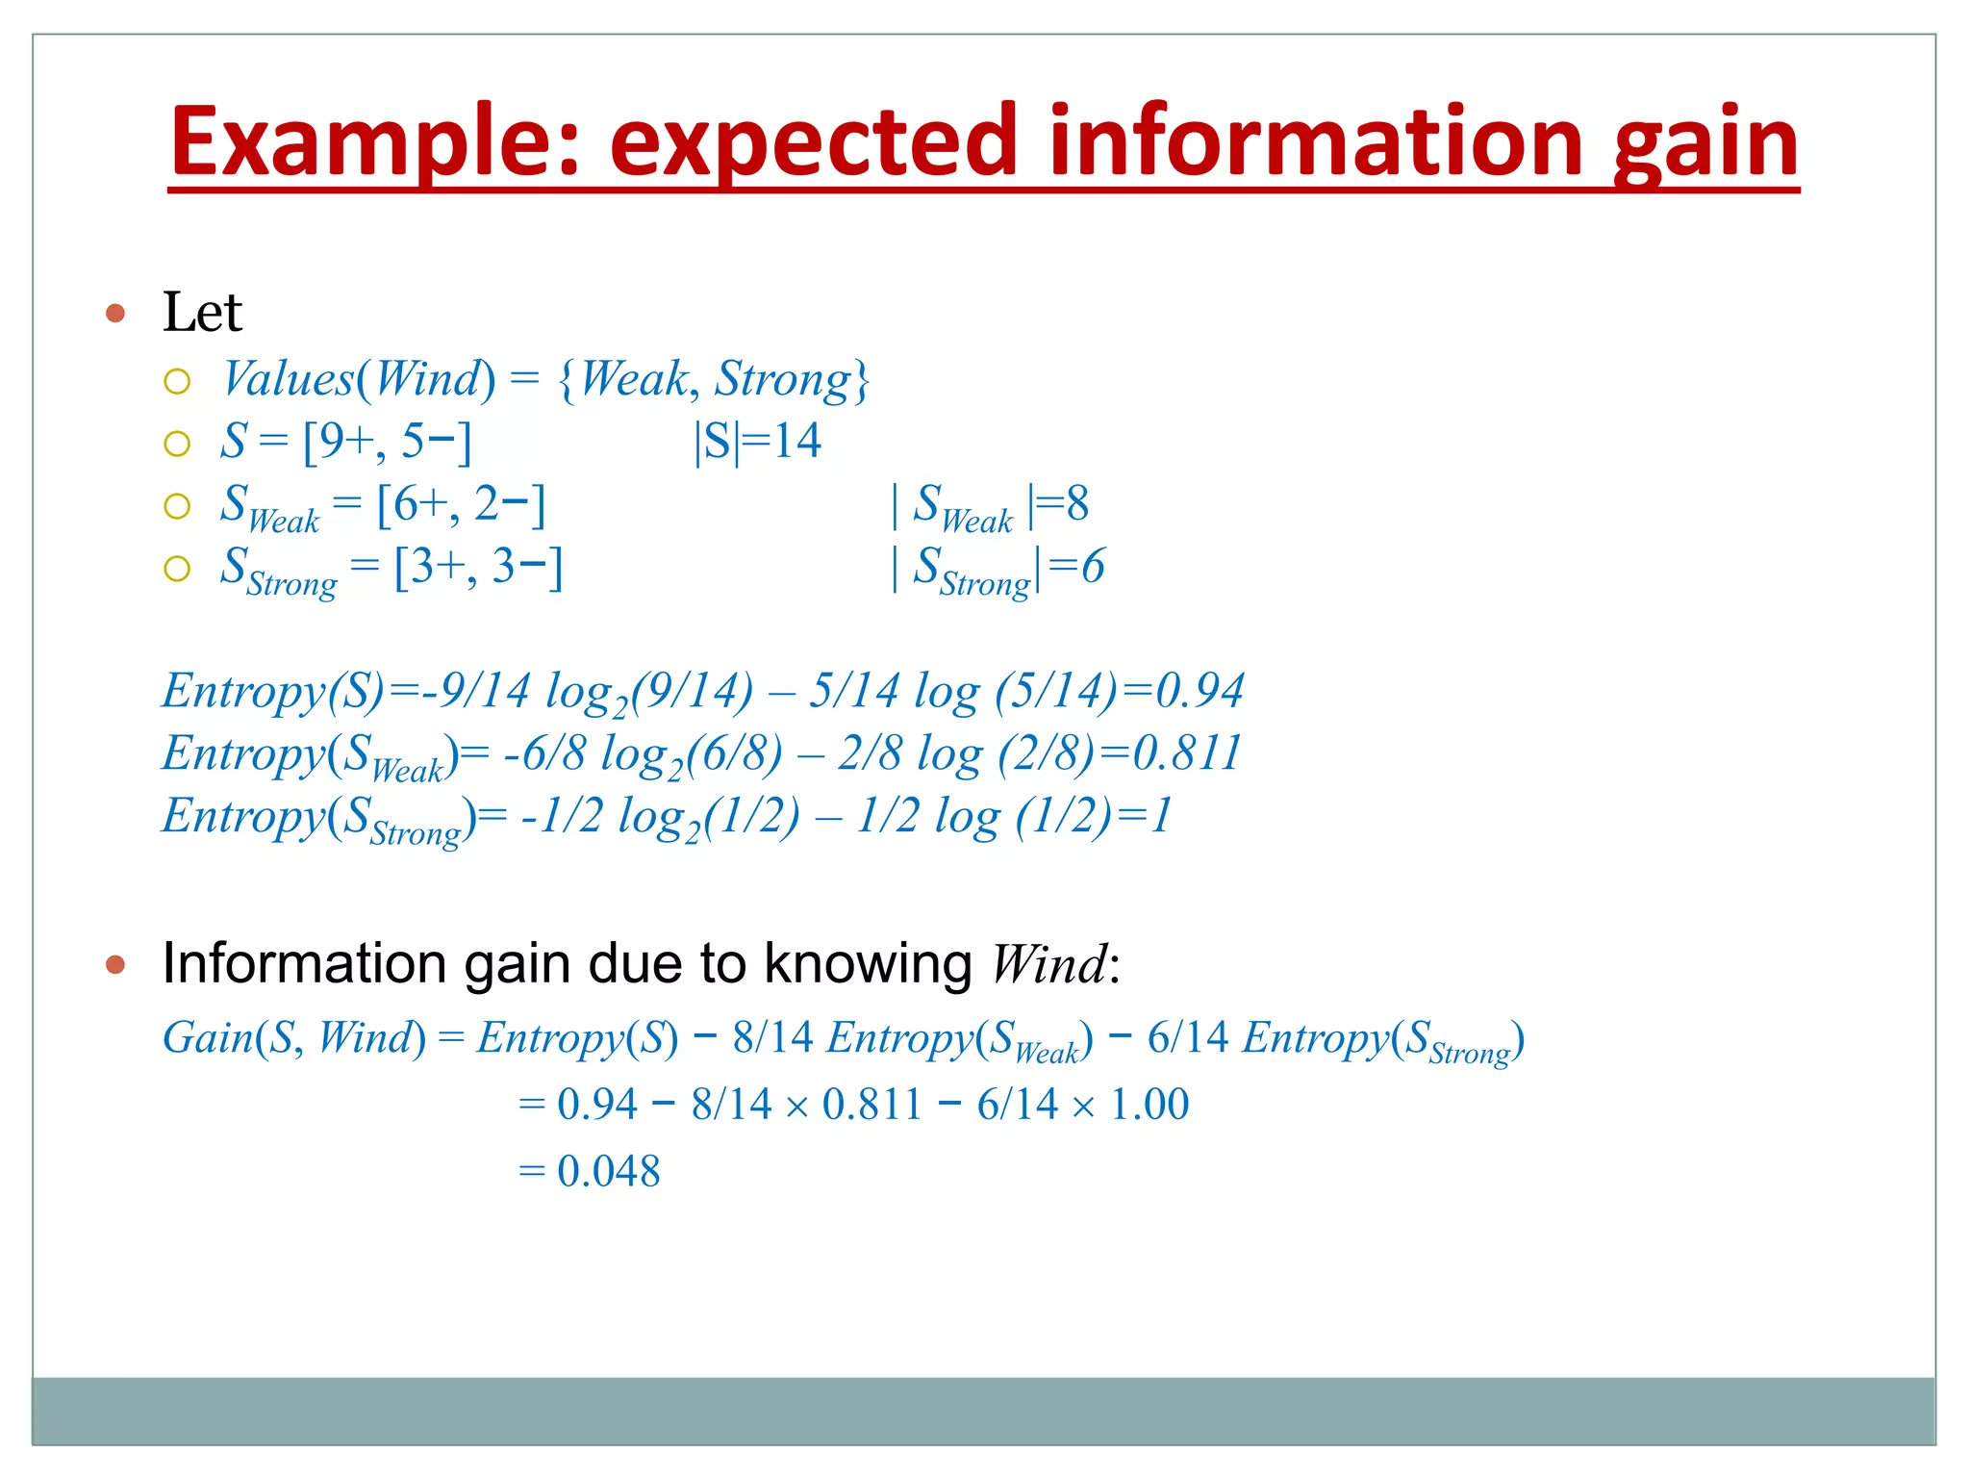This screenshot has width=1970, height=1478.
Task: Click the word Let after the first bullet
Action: tap(202, 313)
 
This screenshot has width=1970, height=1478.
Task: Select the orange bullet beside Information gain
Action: tap(115, 964)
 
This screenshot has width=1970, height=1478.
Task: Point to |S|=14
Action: tap(757, 442)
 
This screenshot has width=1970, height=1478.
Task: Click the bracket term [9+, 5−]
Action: tap(387, 442)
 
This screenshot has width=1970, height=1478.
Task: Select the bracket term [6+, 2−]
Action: tap(461, 504)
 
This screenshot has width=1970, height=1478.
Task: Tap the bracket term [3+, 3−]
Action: tap(478, 567)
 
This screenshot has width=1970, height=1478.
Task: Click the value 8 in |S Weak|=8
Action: tap(1077, 503)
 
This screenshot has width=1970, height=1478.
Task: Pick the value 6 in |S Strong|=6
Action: tap(1093, 566)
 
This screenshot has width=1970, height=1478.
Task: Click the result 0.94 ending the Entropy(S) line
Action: tap(1200, 691)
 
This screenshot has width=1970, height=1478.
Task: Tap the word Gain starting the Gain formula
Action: tap(207, 1037)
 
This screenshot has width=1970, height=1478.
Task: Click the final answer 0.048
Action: tap(608, 1171)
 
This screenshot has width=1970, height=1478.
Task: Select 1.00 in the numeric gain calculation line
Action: tap(1149, 1104)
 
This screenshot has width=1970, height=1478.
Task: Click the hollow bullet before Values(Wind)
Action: tap(177, 382)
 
